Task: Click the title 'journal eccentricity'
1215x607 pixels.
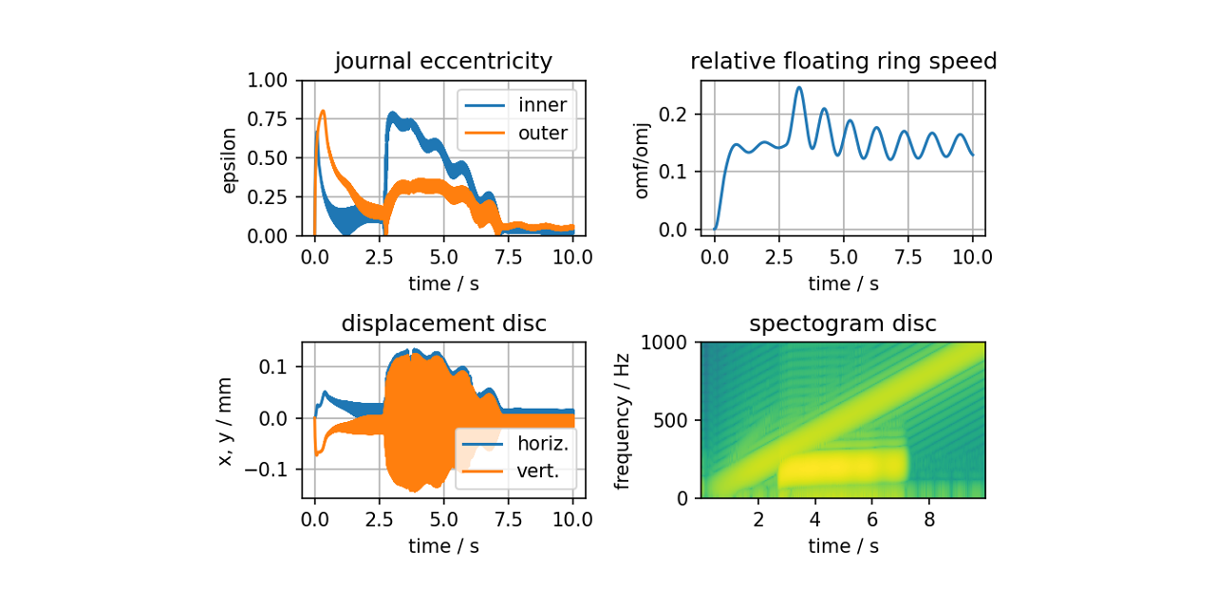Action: (443, 62)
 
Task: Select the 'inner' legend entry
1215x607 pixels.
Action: (542, 104)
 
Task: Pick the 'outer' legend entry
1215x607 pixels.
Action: (542, 133)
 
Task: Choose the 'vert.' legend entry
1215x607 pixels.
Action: (537, 471)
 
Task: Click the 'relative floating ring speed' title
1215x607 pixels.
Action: (843, 62)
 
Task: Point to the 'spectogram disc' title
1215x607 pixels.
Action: (843, 323)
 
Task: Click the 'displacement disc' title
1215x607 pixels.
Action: (443, 323)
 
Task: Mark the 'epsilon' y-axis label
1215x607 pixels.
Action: (229, 157)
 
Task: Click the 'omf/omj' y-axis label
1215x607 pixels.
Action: (643, 157)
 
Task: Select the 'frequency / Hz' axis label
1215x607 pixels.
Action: (622, 419)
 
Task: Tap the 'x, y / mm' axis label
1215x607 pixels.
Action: (225, 419)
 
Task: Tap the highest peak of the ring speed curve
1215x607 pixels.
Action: (799, 87)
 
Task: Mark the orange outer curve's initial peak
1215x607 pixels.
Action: (323, 111)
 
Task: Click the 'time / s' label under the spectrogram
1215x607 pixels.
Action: (843, 546)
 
